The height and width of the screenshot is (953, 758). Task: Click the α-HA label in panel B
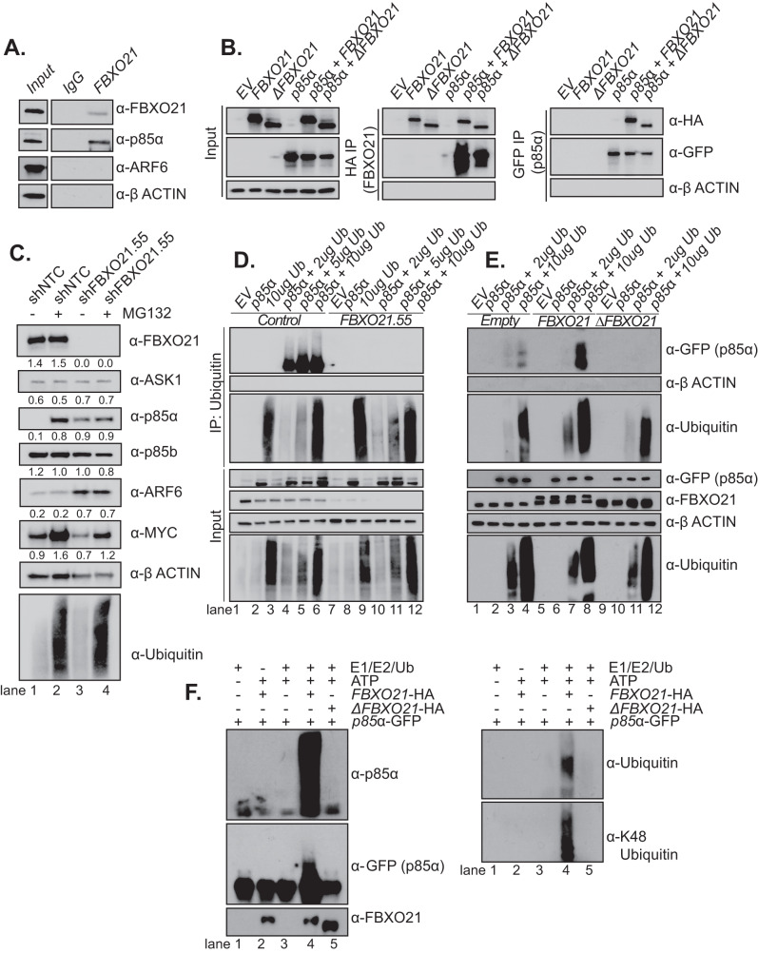pyautogui.click(x=708, y=120)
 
